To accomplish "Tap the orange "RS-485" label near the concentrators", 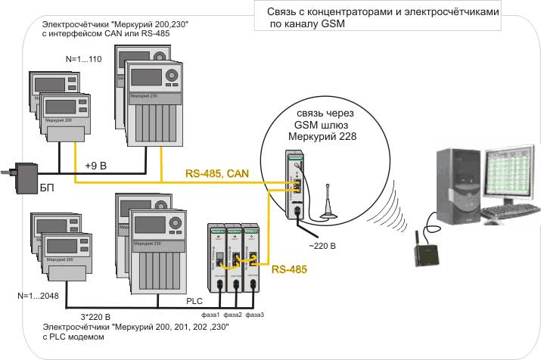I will pyautogui.click(x=290, y=268).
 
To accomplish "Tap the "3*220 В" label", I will pyautogui.click(x=95, y=316).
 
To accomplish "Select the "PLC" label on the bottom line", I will pyautogui.click(x=195, y=300).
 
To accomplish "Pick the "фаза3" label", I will pyautogui.click(x=255, y=314).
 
